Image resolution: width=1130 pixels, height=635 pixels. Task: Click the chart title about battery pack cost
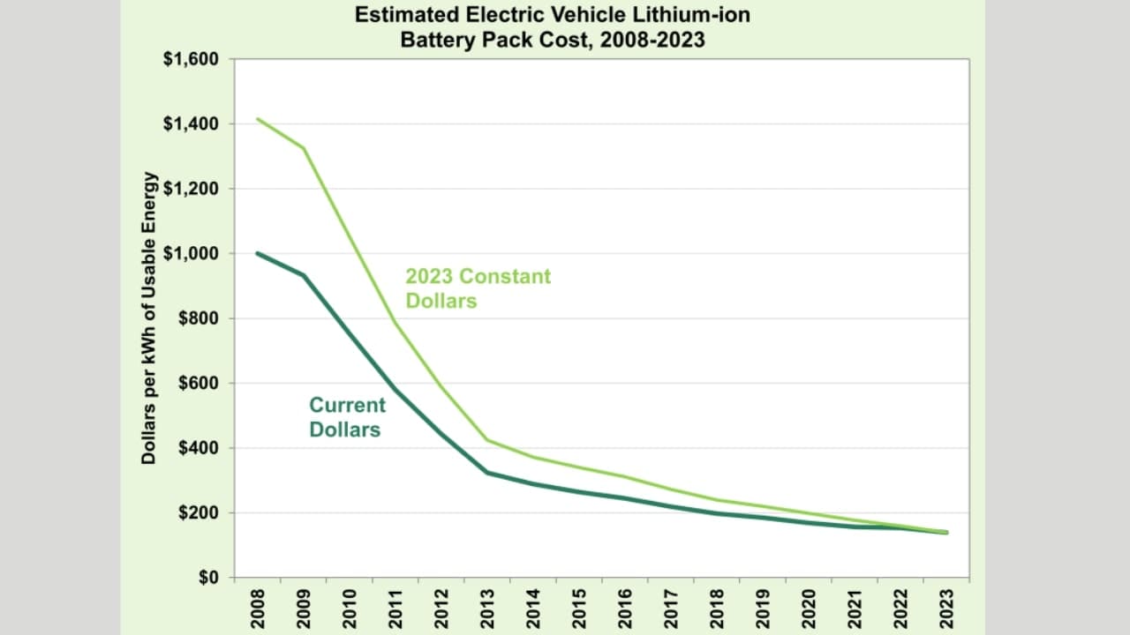553,27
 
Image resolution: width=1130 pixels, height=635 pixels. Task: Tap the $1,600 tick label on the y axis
192,59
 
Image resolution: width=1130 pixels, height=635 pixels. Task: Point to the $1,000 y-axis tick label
192,253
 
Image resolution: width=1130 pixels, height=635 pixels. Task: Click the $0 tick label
209,578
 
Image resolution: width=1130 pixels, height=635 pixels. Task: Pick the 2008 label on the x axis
257,609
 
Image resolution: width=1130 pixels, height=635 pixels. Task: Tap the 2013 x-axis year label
487,609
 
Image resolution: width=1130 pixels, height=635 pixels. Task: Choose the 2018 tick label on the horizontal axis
717,609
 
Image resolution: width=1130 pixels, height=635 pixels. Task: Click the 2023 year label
946,609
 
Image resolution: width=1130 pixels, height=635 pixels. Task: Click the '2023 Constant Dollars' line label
478,288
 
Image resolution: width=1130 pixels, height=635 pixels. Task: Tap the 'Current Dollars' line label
347,417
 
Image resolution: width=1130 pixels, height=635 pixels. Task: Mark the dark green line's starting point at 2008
258,253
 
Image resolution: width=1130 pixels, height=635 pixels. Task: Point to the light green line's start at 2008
258,119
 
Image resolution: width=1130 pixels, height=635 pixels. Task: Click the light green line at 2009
304,148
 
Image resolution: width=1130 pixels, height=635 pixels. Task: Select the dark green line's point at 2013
487,473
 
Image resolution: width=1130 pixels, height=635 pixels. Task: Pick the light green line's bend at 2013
487,440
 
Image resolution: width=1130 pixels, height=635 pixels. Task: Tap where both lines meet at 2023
946,532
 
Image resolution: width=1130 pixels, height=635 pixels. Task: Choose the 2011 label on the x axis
395,609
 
